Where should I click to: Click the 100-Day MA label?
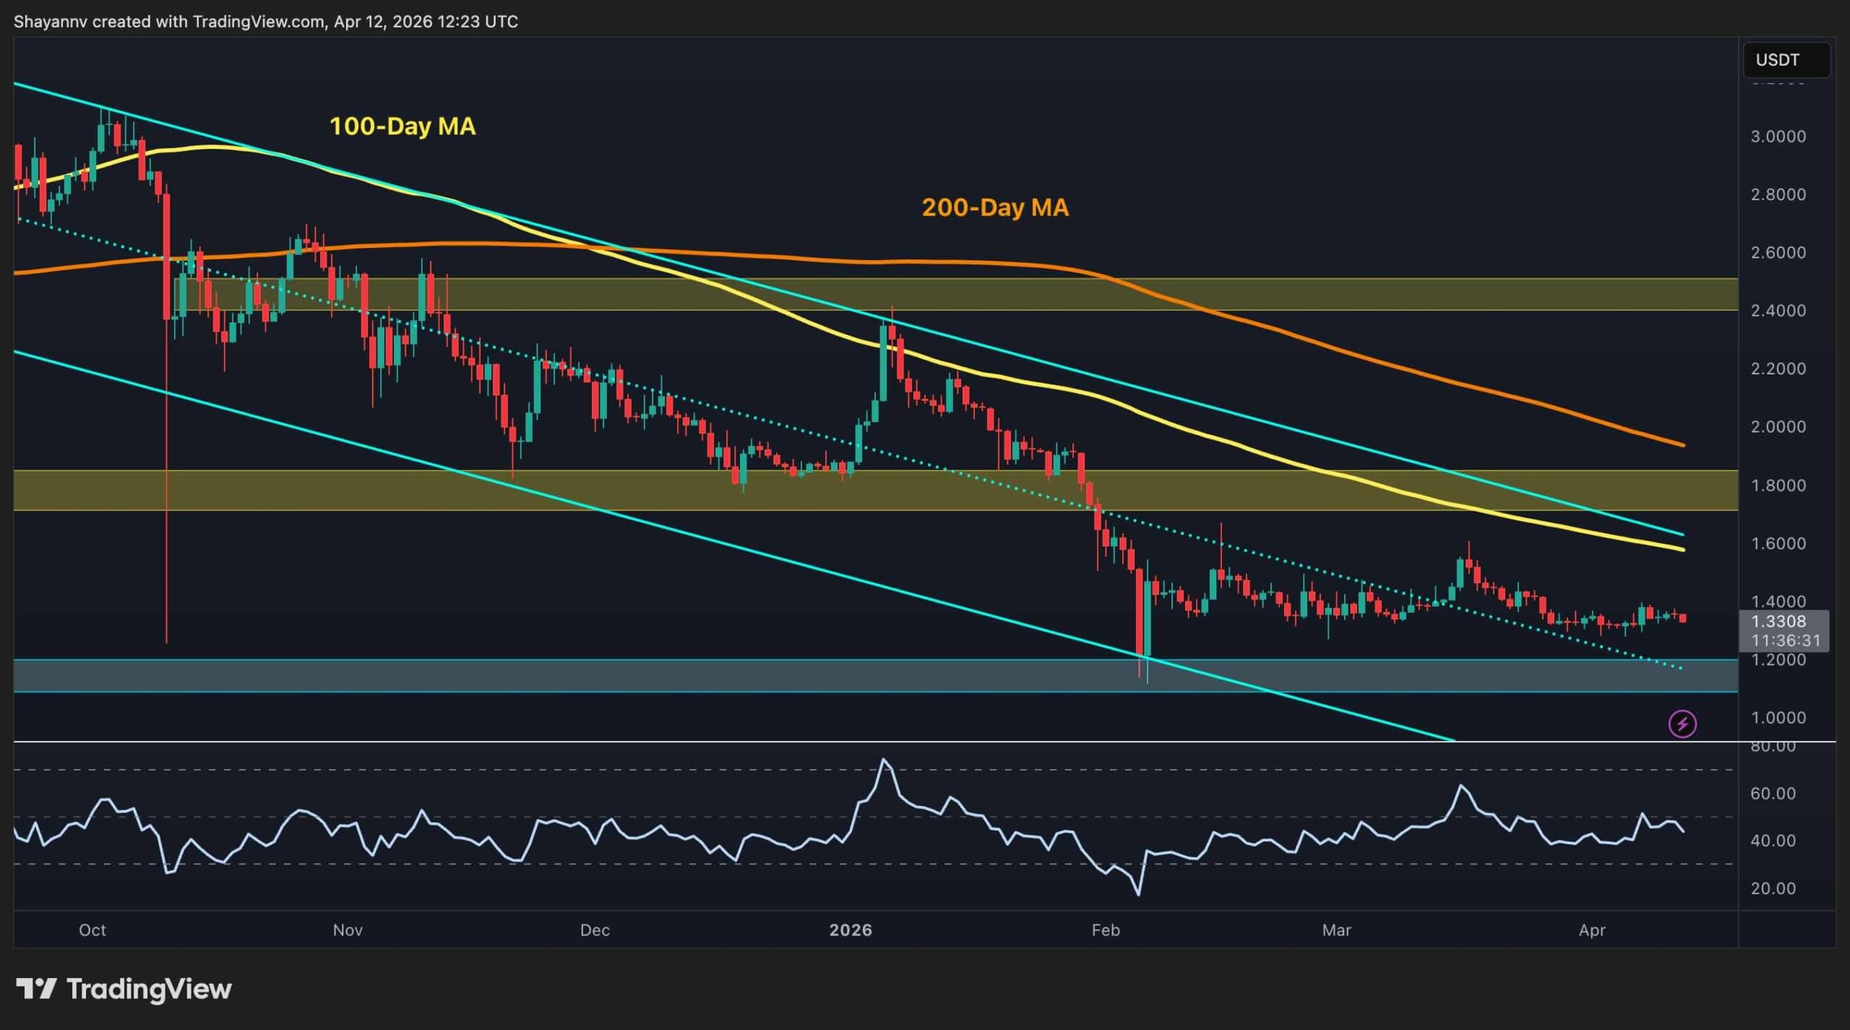[403, 126]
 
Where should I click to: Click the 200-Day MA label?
[994, 207]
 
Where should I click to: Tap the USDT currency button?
[1786, 60]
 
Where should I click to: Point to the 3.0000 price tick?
[1778, 137]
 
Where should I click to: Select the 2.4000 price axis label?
[1778, 311]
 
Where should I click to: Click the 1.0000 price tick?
[1778, 718]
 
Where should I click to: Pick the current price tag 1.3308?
[1778, 622]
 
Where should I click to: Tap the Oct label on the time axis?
[92, 930]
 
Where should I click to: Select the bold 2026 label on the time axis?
[851, 930]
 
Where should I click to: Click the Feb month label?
[1106, 930]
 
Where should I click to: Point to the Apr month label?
[1592, 930]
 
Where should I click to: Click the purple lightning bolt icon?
[1683, 724]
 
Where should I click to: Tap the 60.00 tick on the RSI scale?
[1773, 794]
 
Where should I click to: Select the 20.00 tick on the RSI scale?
[1773, 888]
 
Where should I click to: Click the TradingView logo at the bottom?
[124, 989]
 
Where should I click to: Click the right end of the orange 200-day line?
[1684, 445]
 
